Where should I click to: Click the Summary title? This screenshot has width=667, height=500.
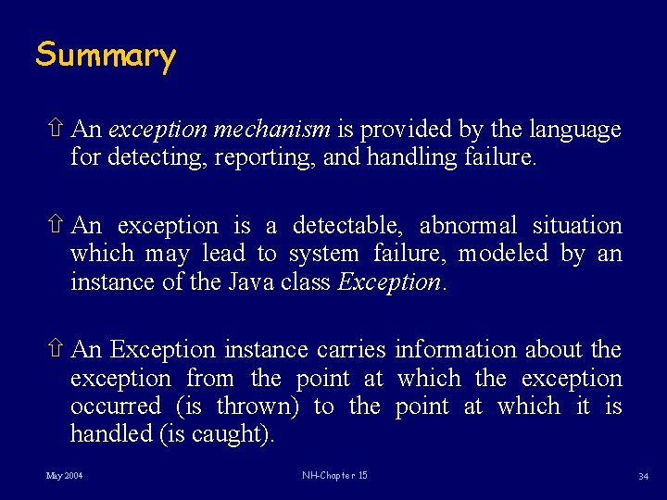105,56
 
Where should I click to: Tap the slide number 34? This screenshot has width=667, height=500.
642,476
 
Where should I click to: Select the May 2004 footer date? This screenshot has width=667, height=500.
64,476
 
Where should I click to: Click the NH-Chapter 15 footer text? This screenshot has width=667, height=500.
334,476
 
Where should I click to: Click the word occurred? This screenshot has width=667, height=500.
115,406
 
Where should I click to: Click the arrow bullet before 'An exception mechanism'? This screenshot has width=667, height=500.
55,129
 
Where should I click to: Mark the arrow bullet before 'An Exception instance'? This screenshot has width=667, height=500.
55,349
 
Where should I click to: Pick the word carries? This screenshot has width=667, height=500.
351,350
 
